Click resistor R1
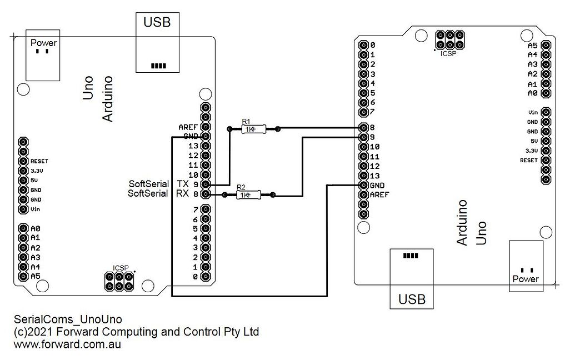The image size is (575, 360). pyautogui.click(x=253, y=129)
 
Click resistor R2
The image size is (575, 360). pyautogui.click(x=248, y=195)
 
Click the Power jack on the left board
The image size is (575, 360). pyautogui.click(x=43, y=58)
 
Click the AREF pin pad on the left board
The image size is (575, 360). pyautogui.click(x=206, y=127)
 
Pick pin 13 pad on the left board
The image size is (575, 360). pyautogui.click(x=206, y=146)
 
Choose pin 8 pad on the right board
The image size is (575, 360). pyautogui.click(x=363, y=128)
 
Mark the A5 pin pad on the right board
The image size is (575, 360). pyautogui.click(x=546, y=45)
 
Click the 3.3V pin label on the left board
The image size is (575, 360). pyautogui.click(x=37, y=171)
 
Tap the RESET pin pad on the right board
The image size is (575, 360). pyautogui.click(x=546, y=160)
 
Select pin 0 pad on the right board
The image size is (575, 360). pyautogui.click(x=363, y=45)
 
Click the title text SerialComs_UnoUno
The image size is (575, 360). pyautogui.click(x=67, y=319)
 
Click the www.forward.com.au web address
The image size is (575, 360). pyautogui.click(x=67, y=344)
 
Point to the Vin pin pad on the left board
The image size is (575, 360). pyautogui.click(x=23, y=209)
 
